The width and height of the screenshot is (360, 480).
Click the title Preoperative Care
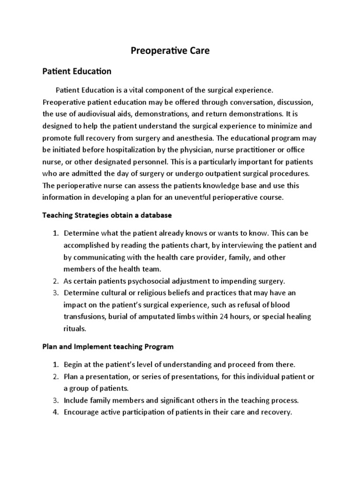tap(169, 51)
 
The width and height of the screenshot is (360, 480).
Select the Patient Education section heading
tap(77, 72)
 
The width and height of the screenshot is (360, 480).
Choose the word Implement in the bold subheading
tap(90, 347)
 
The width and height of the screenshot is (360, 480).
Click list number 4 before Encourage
tap(55, 412)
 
